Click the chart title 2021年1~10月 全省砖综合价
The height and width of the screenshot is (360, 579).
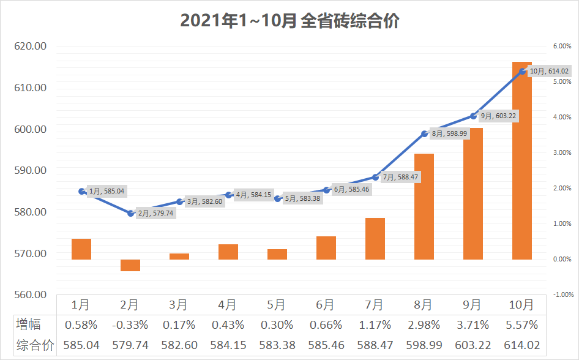(x=289, y=21)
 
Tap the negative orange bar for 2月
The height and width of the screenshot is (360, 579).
(x=130, y=265)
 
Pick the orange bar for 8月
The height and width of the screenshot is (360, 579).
(x=424, y=206)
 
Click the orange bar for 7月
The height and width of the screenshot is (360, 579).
(x=375, y=239)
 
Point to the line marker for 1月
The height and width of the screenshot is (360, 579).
(x=82, y=191)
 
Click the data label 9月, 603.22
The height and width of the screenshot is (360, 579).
(x=498, y=116)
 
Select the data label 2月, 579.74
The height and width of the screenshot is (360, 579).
(x=156, y=214)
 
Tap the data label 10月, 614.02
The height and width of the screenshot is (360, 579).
(x=549, y=71)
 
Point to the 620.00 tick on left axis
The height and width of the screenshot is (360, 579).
(x=31, y=46)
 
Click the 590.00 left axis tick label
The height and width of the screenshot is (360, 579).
(x=31, y=170)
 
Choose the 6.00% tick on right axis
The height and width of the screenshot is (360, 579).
(x=562, y=46)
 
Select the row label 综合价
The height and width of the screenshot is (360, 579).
(x=35, y=345)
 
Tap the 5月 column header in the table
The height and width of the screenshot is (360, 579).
(x=277, y=305)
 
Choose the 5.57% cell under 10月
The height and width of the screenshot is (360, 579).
(x=521, y=324)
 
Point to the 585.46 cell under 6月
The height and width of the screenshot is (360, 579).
(x=326, y=345)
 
